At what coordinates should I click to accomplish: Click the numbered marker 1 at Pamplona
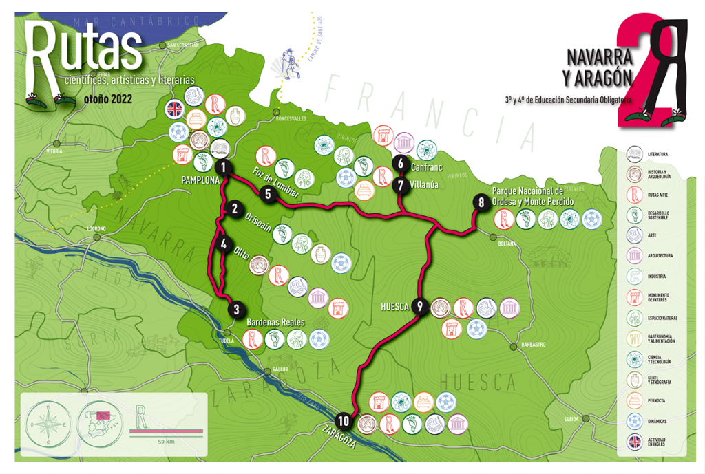pos(223,167)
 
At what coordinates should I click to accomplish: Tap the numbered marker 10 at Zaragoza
pos(344,420)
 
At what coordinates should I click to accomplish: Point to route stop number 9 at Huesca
pos(419,307)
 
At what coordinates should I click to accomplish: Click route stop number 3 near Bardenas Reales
pos(236,310)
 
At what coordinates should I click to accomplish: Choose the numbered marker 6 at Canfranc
pos(401,163)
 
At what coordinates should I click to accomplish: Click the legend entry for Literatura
pos(657,154)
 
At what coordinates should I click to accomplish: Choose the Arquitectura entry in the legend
pos(659,255)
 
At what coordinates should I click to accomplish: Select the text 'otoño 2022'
pos(107,98)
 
